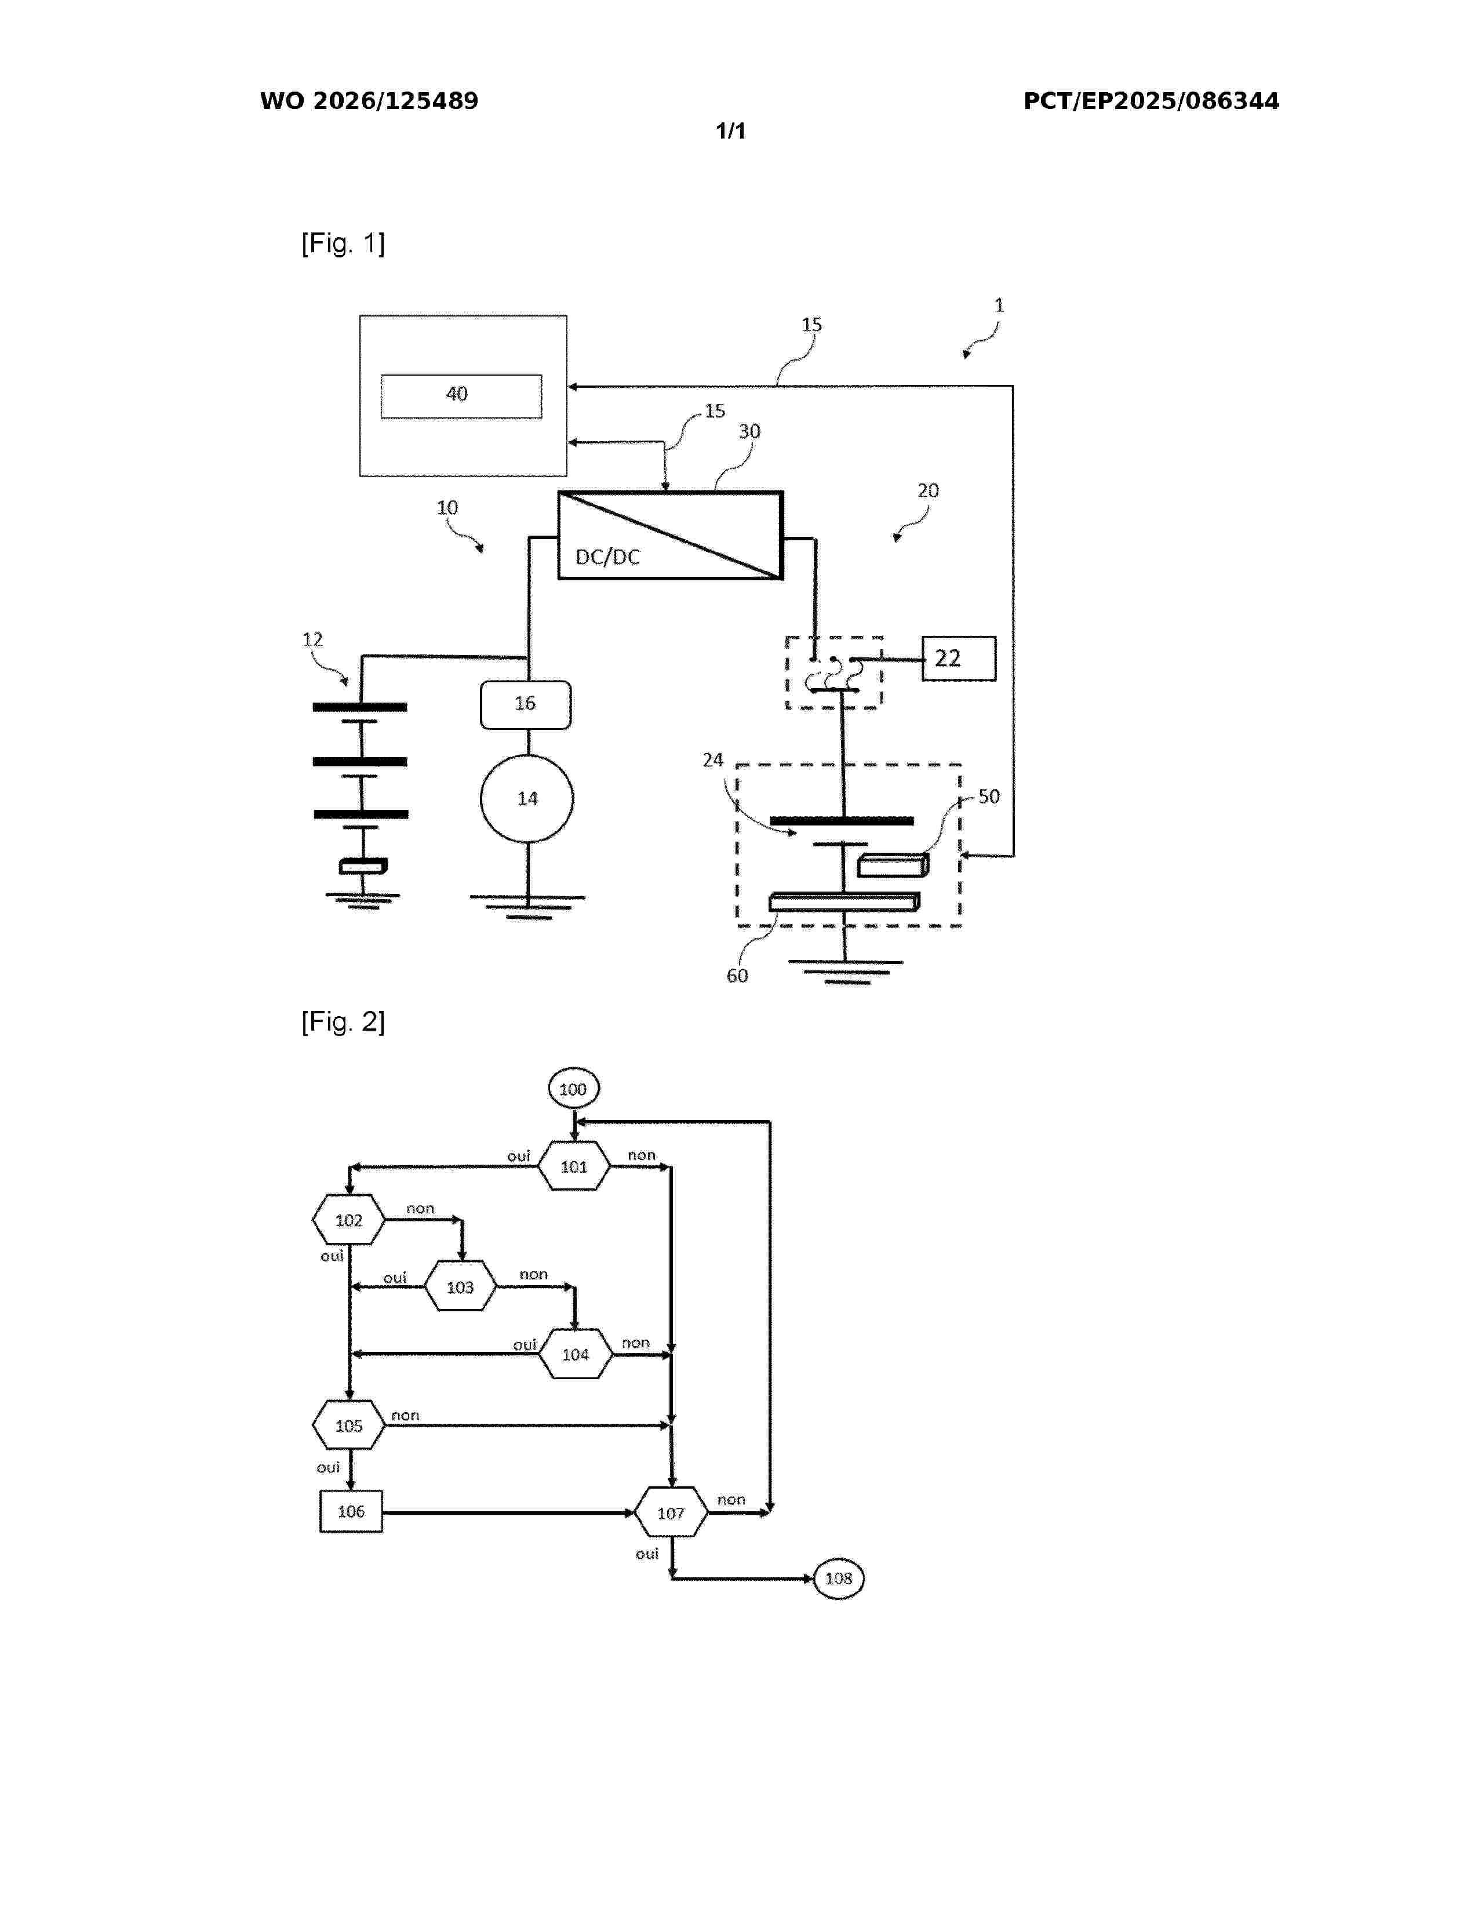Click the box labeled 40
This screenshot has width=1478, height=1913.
tap(461, 396)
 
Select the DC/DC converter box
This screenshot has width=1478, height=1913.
tap(671, 535)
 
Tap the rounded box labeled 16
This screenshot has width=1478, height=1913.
tap(525, 704)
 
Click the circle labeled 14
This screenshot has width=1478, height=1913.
tap(527, 798)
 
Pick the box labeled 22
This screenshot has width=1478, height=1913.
tap(959, 658)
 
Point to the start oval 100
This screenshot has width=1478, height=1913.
tap(573, 1089)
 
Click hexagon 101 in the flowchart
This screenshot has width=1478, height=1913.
tap(573, 1166)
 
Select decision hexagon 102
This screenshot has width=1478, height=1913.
tap(348, 1219)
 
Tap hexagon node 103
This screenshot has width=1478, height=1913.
tap(461, 1287)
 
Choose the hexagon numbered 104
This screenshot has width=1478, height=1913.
tap(576, 1354)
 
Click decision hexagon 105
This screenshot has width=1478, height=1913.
tap(348, 1425)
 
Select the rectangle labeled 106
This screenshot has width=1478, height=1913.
tap(351, 1511)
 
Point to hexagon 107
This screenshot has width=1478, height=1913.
tap(671, 1512)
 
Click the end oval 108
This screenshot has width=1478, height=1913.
tap(839, 1579)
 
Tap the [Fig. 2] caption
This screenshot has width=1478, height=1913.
tap(343, 1021)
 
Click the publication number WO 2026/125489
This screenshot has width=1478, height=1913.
tap(370, 101)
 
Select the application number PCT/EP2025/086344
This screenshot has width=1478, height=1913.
tap(1152, 101)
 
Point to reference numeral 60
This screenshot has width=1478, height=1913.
tap(737, 976)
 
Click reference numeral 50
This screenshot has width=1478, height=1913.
tap(989, 796)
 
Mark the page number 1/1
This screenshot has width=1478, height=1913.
tap(731, 132)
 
